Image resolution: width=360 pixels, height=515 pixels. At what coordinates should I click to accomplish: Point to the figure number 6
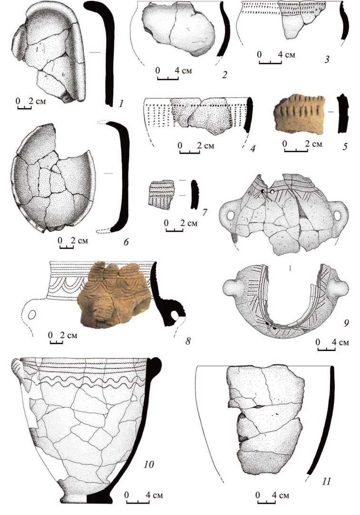pos(126,242)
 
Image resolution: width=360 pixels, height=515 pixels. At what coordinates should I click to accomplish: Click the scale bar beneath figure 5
pos(295,150)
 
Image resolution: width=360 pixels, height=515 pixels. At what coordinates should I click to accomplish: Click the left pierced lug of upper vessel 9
pos(231,215)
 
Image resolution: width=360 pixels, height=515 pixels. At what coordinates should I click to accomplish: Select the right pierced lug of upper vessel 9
pos(339,215)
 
